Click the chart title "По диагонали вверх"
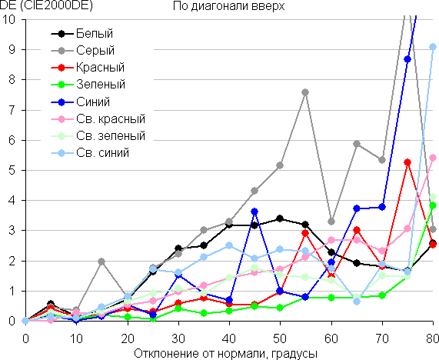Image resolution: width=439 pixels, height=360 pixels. [x=228, y=6]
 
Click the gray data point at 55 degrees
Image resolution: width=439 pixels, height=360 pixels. [x=305, y=92]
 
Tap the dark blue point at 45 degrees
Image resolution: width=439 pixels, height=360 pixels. [x=254, y=212]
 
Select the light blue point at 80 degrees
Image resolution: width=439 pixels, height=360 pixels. [x=433, y=47]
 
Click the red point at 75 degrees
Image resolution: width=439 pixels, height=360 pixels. [x=407, y=162]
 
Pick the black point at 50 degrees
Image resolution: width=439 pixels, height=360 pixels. [x=280, y=218]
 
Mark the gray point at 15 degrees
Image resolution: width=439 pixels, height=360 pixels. [x=101, y=262]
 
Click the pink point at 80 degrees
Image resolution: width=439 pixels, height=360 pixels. [x=433, y=158]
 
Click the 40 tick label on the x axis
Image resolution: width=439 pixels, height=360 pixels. [x=229, y=339]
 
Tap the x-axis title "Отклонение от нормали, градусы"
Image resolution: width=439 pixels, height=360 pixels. [x=226, y=354]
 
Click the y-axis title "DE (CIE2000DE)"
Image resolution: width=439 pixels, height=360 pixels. [x=46, y=6]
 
